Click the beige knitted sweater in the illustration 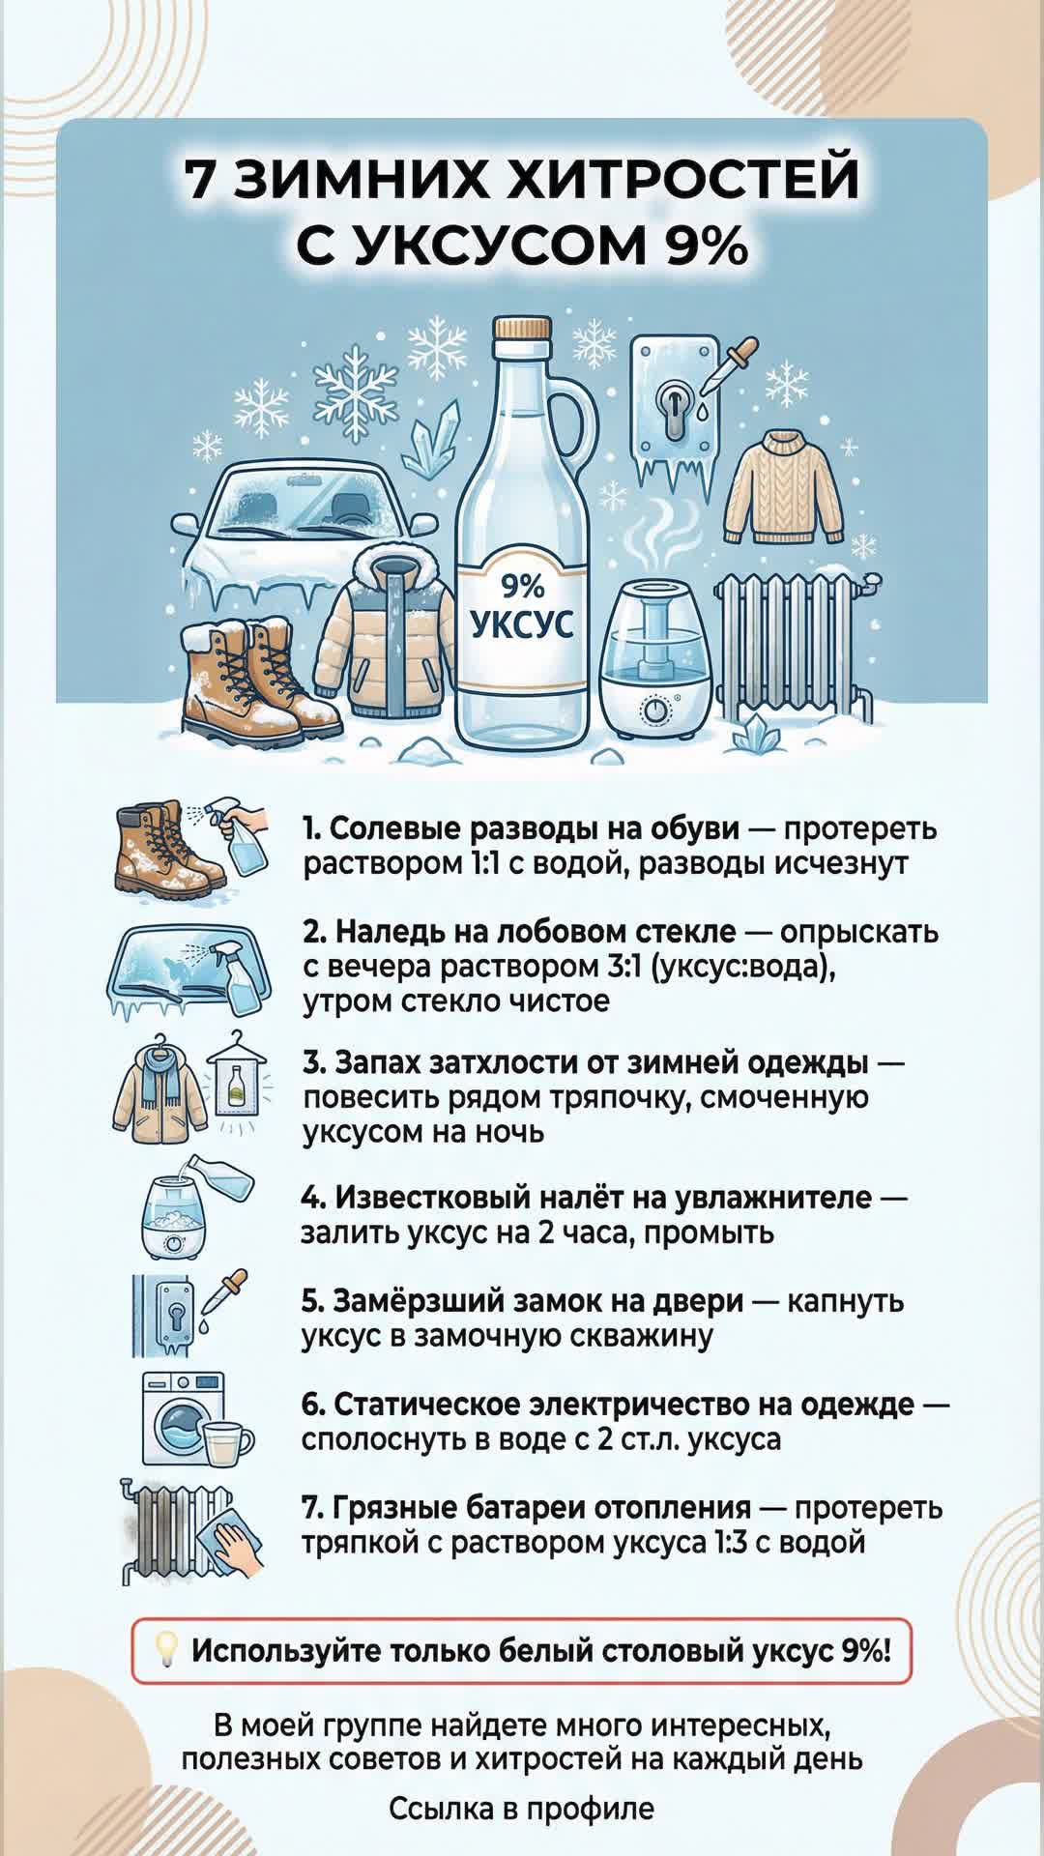[791, 493]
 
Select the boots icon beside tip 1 [169, 846]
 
